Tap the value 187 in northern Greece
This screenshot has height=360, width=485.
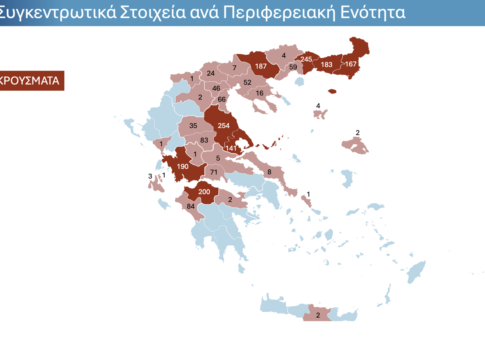[261, 67]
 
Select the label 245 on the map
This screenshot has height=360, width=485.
[307, 59]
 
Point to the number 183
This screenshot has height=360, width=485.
[326, 64]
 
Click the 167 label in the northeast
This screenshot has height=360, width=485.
[350, 64]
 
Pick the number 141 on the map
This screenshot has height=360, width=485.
[230, 148]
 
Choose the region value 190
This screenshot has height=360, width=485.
[182, 166]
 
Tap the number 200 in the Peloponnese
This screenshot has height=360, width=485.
[204, 190]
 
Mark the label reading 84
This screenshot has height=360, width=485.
[190, 207]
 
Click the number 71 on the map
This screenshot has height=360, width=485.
[213, 172]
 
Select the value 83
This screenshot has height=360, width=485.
[204, 141]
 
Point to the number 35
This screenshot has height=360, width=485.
[193, 126]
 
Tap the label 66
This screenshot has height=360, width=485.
[222, 100]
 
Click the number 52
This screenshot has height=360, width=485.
[247, 82]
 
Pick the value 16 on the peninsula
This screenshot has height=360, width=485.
[259, 93]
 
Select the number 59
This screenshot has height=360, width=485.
[293, 67]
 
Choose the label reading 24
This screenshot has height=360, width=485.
[211, 73]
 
